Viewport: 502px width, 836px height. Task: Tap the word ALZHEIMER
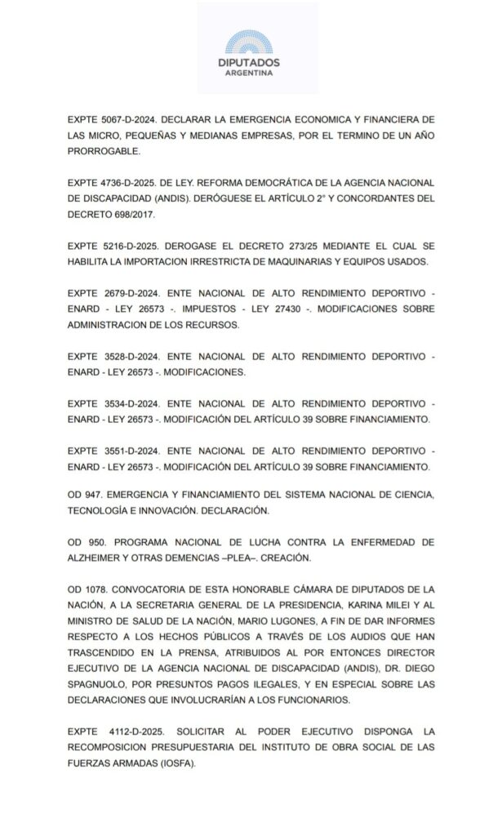[x=100, y=559]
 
